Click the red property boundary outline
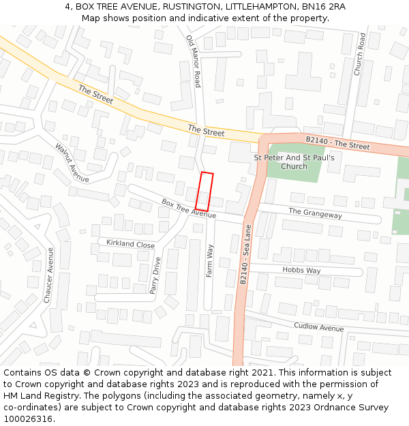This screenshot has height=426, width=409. [x=204, y=192]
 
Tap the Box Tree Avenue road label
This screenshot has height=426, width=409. [x=188, y=209]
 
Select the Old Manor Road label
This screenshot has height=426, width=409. [x=194, y=61]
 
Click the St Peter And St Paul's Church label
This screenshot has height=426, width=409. [x=294, y=162]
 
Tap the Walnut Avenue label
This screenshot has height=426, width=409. [x=72, y=163]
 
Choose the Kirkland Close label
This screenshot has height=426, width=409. [x=130, y=244]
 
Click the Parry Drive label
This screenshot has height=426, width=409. [x=156, y=275]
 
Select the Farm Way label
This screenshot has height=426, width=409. [x=210, y=261]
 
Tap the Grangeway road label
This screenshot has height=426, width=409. [x=315, y=213]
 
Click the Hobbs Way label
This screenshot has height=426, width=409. [x=301, y=271]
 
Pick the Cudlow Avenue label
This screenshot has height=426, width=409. [x=319, y=327]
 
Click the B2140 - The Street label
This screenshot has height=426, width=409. [x=337, y=143]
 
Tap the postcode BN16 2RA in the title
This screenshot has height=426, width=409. [x=320, y=6]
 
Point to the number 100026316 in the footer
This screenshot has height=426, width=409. [x=28, y=419]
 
